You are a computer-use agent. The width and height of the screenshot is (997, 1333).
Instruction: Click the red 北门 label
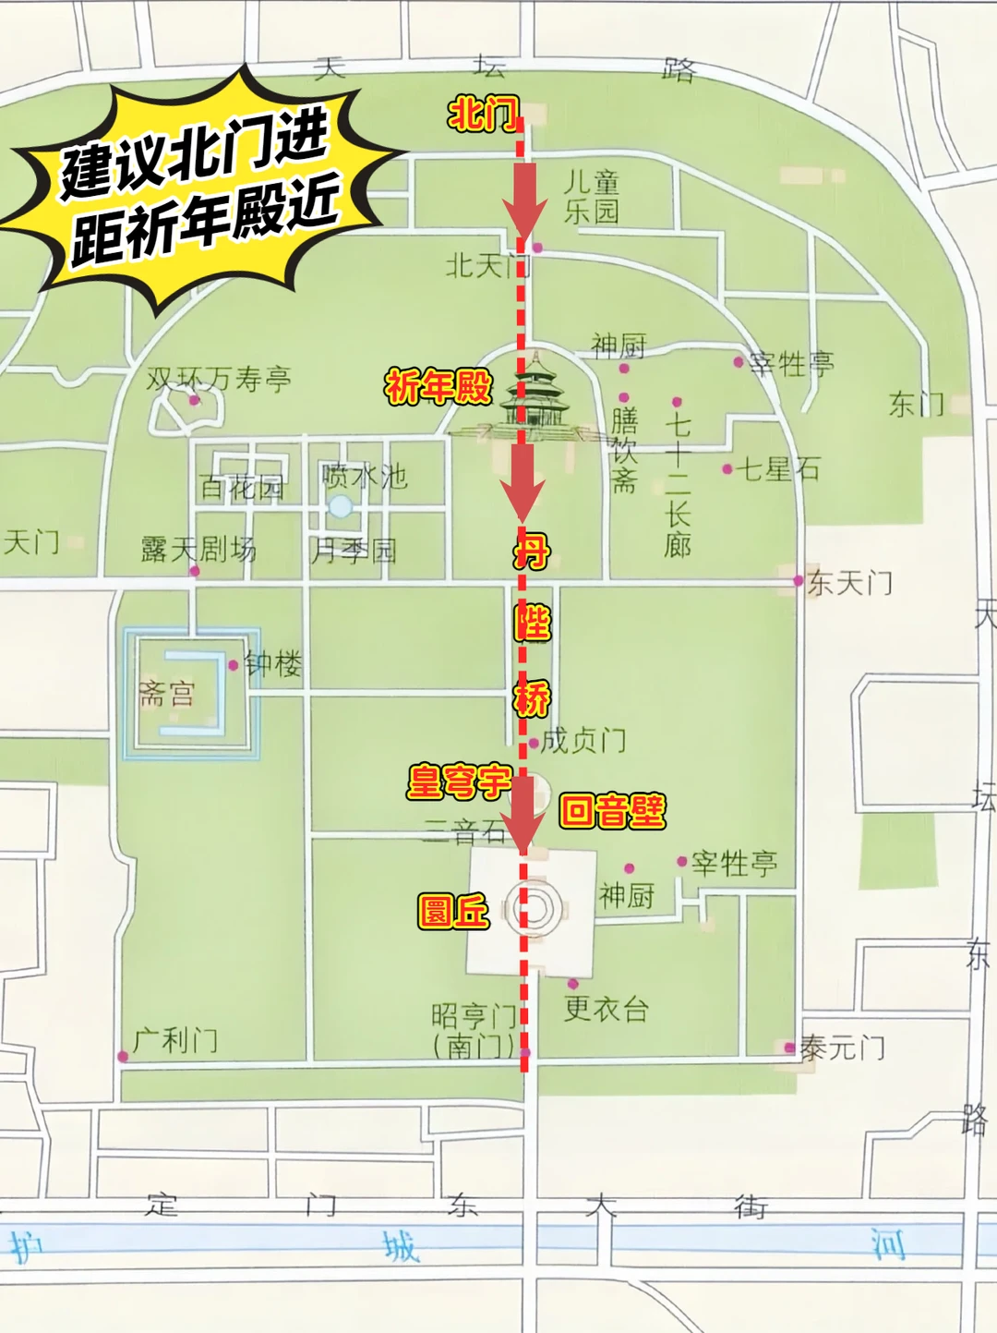(483, 115)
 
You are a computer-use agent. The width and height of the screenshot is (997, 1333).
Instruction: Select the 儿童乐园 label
(592, 197)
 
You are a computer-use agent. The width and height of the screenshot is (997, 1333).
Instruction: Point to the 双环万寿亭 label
(219, 379)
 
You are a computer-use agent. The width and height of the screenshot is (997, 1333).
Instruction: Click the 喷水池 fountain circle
(341, 506)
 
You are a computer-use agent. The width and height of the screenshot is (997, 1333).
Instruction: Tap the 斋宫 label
(167, 693)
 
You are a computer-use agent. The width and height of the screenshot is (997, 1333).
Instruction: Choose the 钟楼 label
(273, 663)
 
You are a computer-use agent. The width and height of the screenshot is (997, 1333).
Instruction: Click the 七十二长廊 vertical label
(678, 485)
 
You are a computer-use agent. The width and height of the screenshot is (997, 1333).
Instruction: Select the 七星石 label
(779, 469)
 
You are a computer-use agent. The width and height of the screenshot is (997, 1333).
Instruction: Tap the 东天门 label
(850, 583)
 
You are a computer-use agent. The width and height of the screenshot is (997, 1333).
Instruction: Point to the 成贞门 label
(583, 740)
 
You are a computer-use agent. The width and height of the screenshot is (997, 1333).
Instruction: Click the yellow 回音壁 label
(612, 812)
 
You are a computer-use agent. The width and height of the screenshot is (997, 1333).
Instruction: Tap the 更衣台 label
(606, 1008)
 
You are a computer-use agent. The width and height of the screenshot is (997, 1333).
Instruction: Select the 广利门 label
(175, 1041)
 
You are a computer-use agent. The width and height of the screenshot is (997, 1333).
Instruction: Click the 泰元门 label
(842, 1048)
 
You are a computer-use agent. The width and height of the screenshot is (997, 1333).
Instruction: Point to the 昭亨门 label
(474, 1017)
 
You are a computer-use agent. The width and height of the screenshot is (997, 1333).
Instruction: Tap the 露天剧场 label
(198, 550)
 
